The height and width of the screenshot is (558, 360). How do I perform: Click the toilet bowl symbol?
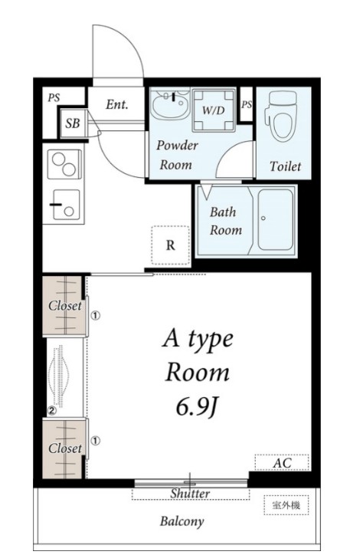(281, 116)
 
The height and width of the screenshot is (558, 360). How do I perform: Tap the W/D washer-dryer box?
(214, 110)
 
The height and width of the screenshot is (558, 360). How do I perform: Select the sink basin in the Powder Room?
(170, 104)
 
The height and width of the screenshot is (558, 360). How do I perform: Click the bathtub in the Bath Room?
(276, 219)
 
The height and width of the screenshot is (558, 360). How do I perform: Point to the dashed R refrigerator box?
(170, 245)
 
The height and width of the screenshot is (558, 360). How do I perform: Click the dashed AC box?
(282, 463)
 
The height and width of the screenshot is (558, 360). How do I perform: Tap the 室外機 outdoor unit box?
(286, 505)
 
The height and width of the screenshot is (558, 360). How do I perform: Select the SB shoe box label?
(73, 123)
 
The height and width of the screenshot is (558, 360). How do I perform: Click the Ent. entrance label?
(116, 104)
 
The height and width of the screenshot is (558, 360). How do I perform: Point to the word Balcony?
(182, 521)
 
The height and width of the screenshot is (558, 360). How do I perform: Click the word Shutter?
(190, 494)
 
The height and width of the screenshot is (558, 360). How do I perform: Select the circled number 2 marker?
(52, 411)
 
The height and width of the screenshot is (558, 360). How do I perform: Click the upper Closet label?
(65, 305)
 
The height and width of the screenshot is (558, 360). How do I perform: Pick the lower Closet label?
(65, 448)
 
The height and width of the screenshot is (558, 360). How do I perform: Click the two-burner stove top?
(64, 164)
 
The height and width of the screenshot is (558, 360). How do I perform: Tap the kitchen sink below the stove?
(66, 205)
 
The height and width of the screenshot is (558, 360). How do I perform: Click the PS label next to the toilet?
(247, 104)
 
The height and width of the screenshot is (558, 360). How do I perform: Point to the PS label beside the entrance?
(54, 97)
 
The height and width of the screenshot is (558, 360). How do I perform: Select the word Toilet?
(285, 166)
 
